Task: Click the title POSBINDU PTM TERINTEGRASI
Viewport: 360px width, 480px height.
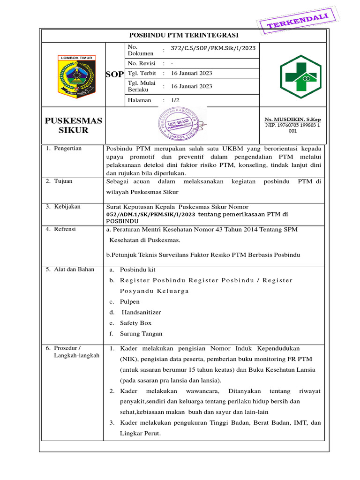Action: tap(184, 36)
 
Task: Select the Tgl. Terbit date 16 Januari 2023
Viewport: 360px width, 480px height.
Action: tap(192, 73)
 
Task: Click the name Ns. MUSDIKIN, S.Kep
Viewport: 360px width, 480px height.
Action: tap(292, 120)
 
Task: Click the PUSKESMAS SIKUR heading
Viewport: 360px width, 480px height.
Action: tap(73, 126)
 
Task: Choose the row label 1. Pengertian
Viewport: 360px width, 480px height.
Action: tap(64, 149)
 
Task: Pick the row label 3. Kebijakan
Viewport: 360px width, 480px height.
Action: tap(63, 207)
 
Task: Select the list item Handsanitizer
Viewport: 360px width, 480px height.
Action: tap(141, 312)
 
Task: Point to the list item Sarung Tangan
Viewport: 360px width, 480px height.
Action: tap(141, 334)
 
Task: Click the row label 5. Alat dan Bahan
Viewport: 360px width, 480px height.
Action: tap(70, 270)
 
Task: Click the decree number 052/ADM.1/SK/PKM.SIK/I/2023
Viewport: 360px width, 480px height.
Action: tap(151, 214)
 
